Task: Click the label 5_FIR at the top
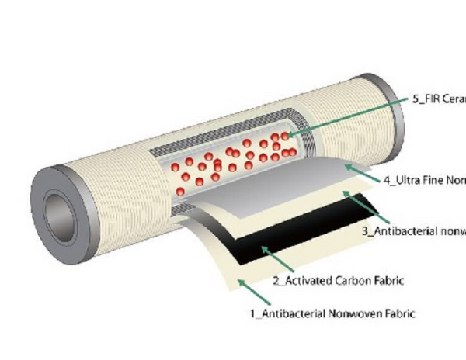[436, 100]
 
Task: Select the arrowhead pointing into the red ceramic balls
[287, 136]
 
